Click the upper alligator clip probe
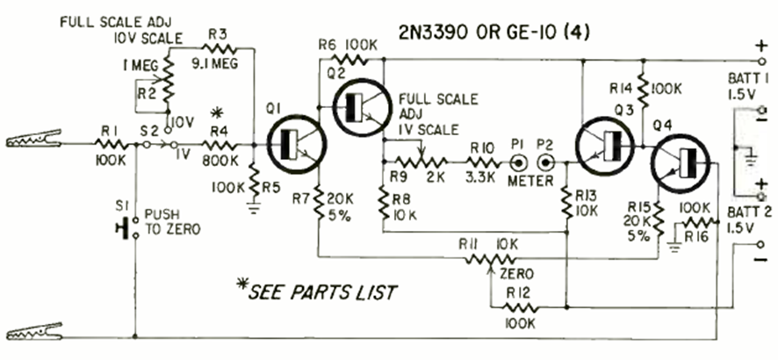[35, 140]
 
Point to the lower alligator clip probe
[35, 333]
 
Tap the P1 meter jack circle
[518, 163]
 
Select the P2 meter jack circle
[548, 163]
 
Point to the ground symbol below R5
[253, 208]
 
